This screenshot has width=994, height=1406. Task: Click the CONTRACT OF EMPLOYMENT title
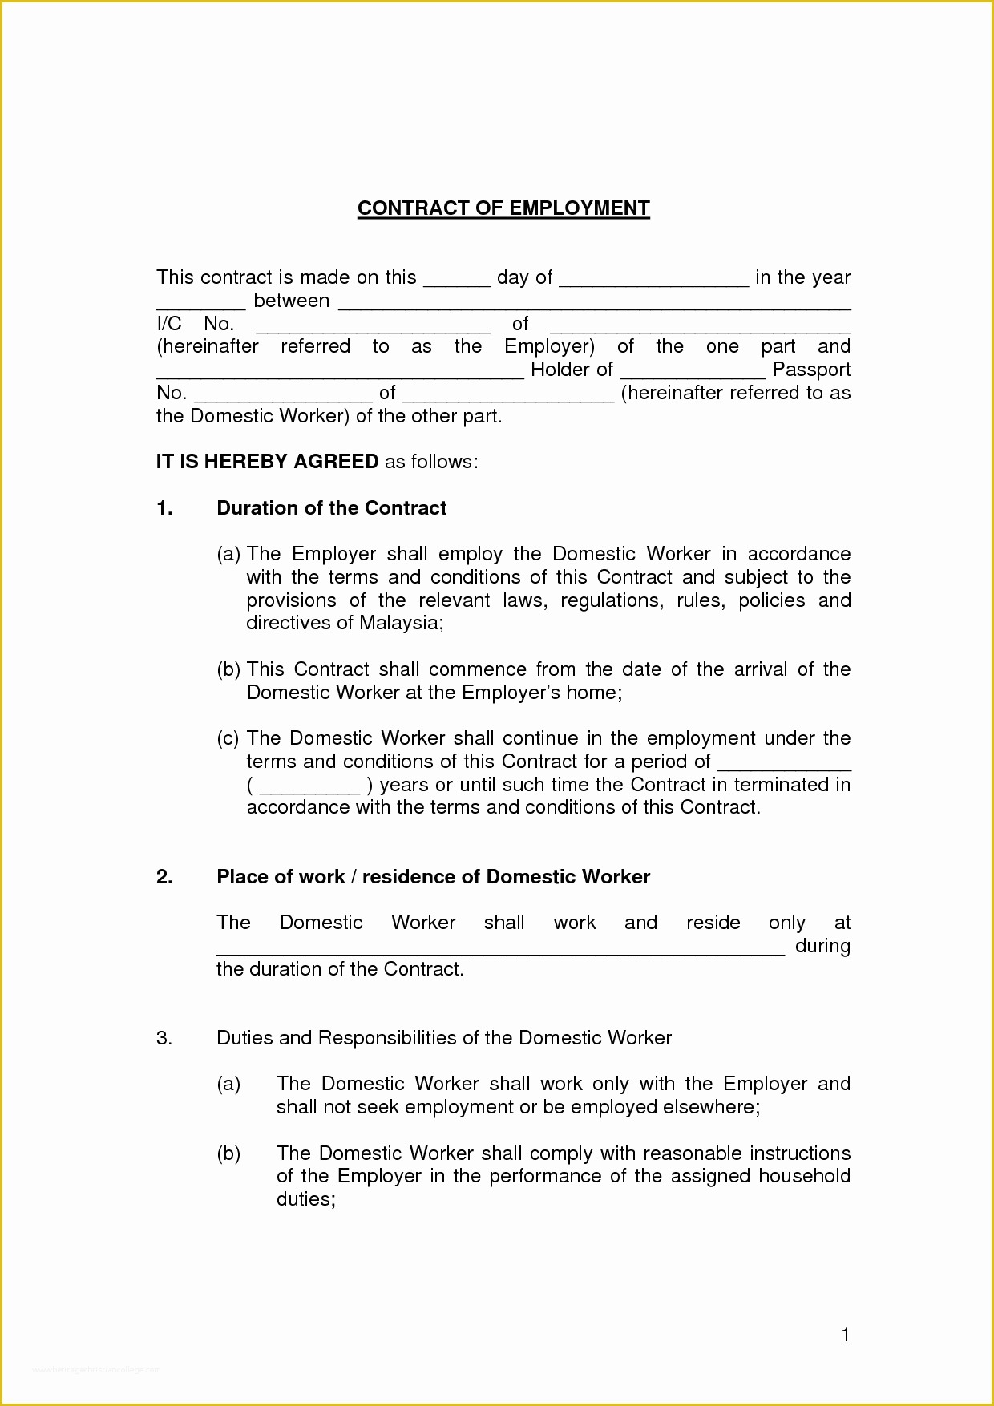click(503, 208)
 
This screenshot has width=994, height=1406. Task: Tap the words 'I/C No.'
click(195, 324)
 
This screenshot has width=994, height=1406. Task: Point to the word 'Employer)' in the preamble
click(549, 347)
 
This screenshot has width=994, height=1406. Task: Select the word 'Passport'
click(811, 370)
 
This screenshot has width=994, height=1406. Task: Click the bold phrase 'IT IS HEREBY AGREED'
click(267, 462)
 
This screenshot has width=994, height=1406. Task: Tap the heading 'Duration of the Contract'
click(331, 508)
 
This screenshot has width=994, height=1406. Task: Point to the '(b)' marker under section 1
click(228, 670)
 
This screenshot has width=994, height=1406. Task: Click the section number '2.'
click(164, 877)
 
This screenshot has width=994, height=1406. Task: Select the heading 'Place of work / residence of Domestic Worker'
click(433, 877)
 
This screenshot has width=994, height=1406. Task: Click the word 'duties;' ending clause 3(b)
click(305, 1199)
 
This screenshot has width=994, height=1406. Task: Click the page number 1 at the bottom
click(845, 1335)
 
